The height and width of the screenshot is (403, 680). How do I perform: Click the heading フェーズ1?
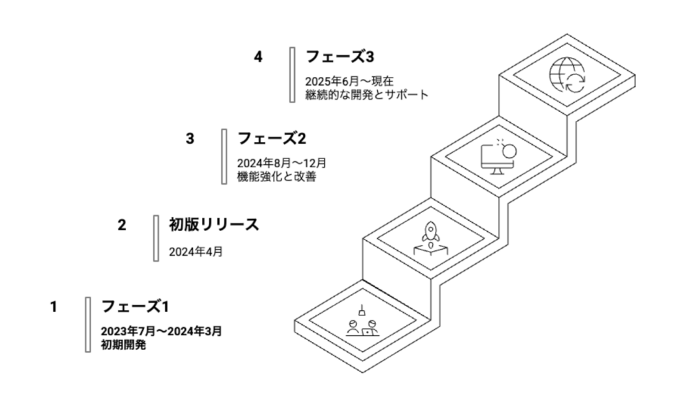tap(135, 307)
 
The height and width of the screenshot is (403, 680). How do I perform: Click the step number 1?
tap(53, 307)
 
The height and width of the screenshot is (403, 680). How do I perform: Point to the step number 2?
tap(122, 225)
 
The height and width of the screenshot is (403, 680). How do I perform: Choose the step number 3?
tap(190, 139)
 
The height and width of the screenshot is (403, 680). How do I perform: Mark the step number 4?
tap(258, 57)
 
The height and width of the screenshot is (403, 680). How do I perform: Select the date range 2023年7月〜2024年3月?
tap(161, 331)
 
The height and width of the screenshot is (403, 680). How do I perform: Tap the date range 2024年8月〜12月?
tap(282, 163)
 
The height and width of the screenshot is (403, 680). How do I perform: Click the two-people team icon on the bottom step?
tap(362, 321)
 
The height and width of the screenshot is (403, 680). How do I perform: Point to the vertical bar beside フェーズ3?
tap(292, 74)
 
